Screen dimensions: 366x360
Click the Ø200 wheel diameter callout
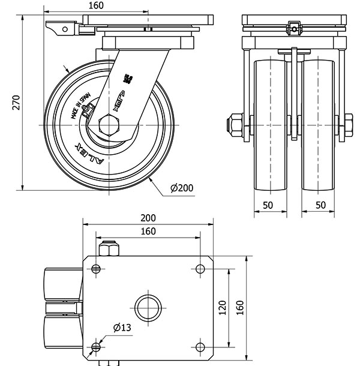181,188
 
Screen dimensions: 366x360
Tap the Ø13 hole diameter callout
122,328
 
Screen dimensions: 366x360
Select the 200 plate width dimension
148,218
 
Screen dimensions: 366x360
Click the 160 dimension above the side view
96,6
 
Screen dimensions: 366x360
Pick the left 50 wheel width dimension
268,205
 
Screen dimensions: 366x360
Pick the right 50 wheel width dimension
320,205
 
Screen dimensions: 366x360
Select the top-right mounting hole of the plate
200,268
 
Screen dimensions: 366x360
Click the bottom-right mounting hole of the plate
200,346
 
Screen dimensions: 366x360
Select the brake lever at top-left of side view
60,28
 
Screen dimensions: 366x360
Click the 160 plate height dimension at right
239,307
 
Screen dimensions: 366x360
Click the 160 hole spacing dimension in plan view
148,232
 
